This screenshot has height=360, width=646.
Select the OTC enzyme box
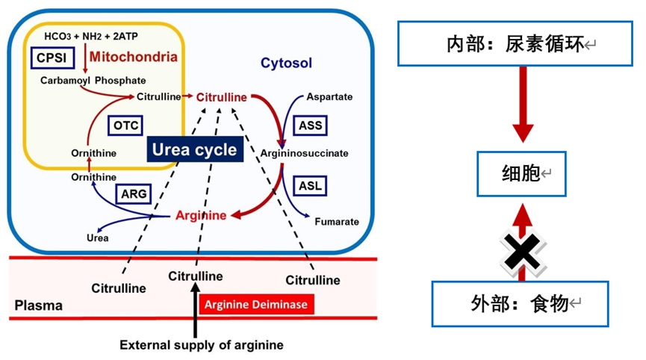[125, 125]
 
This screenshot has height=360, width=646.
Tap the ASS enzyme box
[310, 125]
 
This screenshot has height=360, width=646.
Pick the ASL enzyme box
[310, 185]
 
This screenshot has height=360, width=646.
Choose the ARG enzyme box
[134, 194]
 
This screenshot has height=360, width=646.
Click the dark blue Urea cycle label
[194, 149]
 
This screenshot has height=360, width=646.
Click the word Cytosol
[286, 63]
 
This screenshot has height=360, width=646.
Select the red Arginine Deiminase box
[257, 304]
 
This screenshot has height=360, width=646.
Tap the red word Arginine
[201, 216]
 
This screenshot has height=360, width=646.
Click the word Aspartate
[329, 97]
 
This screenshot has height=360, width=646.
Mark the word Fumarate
[337, 222]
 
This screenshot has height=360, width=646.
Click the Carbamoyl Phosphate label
[93, 80]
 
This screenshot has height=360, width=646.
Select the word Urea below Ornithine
[97, 238]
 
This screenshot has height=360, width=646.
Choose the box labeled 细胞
[521, 173]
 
